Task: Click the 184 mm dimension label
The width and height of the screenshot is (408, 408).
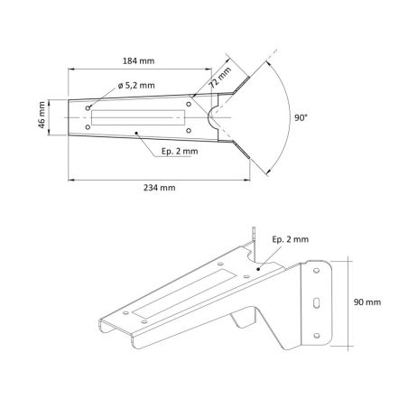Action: tap(138, 60)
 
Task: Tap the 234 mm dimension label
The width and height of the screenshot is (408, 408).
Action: tap(159, 188)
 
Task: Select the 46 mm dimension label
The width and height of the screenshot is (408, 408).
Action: tap(42, 115)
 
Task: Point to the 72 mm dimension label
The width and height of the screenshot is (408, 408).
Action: tap(220, 78)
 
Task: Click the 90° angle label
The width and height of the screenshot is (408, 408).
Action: tap(301, 117)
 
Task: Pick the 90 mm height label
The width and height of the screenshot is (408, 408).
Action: tap(367, 301)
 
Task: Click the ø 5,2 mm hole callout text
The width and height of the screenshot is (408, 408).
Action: tap(136, 86)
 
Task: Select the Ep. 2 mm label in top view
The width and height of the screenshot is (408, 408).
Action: tap(180, 151)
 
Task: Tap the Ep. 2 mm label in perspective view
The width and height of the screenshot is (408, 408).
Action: tap(291, 239)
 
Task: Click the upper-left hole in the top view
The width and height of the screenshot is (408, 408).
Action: tap(88, 108)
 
